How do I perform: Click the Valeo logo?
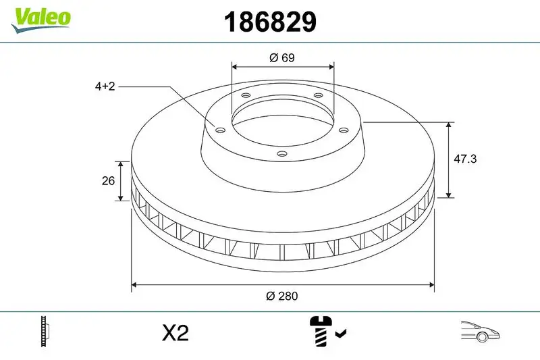point(40,18)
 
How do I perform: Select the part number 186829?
point(270,22)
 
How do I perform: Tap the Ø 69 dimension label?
point(282,58)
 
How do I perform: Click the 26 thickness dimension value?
point(106,181)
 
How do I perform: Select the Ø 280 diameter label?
point(282,296)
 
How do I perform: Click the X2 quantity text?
point(175,332)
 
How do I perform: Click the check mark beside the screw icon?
point(341,332)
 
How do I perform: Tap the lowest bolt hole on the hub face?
point(282,154)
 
